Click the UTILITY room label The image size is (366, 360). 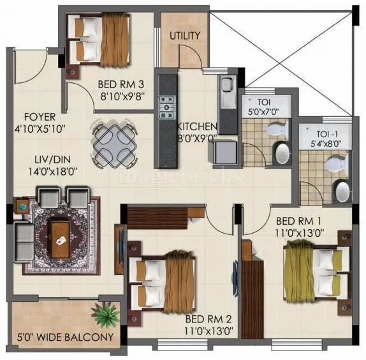tap(185, 36)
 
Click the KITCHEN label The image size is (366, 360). tap(197, 126)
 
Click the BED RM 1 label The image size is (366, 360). tap(298, 223)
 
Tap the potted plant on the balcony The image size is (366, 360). tap(105, 315)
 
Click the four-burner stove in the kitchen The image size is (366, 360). tap(167, 105)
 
